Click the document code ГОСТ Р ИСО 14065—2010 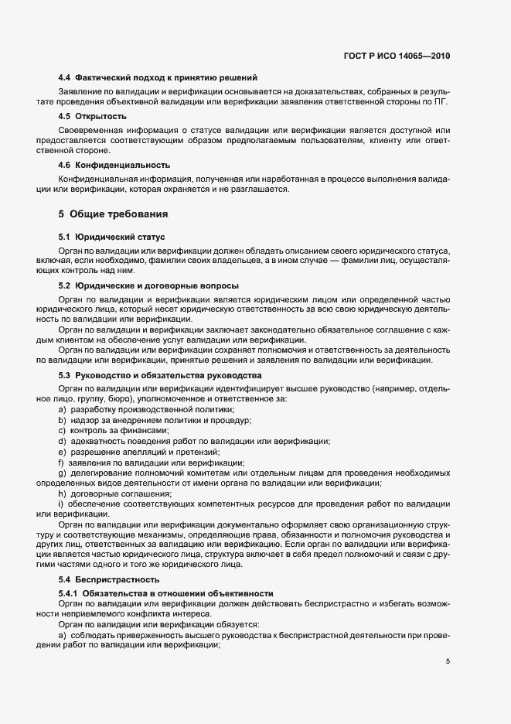397,56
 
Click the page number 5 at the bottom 448,661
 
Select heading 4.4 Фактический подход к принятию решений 158,78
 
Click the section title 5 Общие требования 113,213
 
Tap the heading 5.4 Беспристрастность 109,579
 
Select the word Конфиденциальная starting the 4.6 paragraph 94,178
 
